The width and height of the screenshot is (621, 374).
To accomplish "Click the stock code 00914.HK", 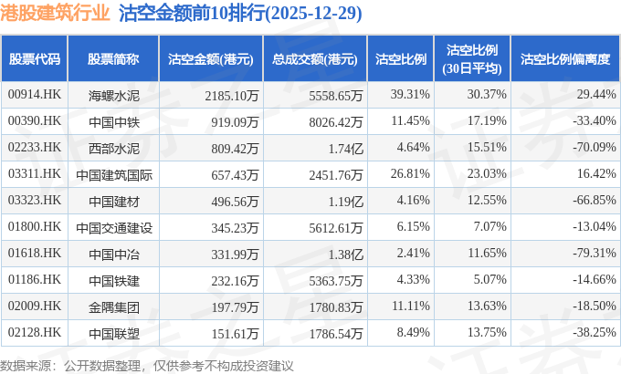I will point(34,95).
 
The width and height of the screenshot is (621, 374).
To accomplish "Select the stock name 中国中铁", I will point(113,121).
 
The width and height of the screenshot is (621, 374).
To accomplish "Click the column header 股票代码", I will point(35,59).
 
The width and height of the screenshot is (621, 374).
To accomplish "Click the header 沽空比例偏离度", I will point(564,59).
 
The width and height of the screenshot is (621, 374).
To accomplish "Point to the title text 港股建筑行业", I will point(56,14).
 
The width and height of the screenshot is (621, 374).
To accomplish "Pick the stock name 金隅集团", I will point(113,306).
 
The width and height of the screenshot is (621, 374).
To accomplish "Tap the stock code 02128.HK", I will point(34,333).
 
